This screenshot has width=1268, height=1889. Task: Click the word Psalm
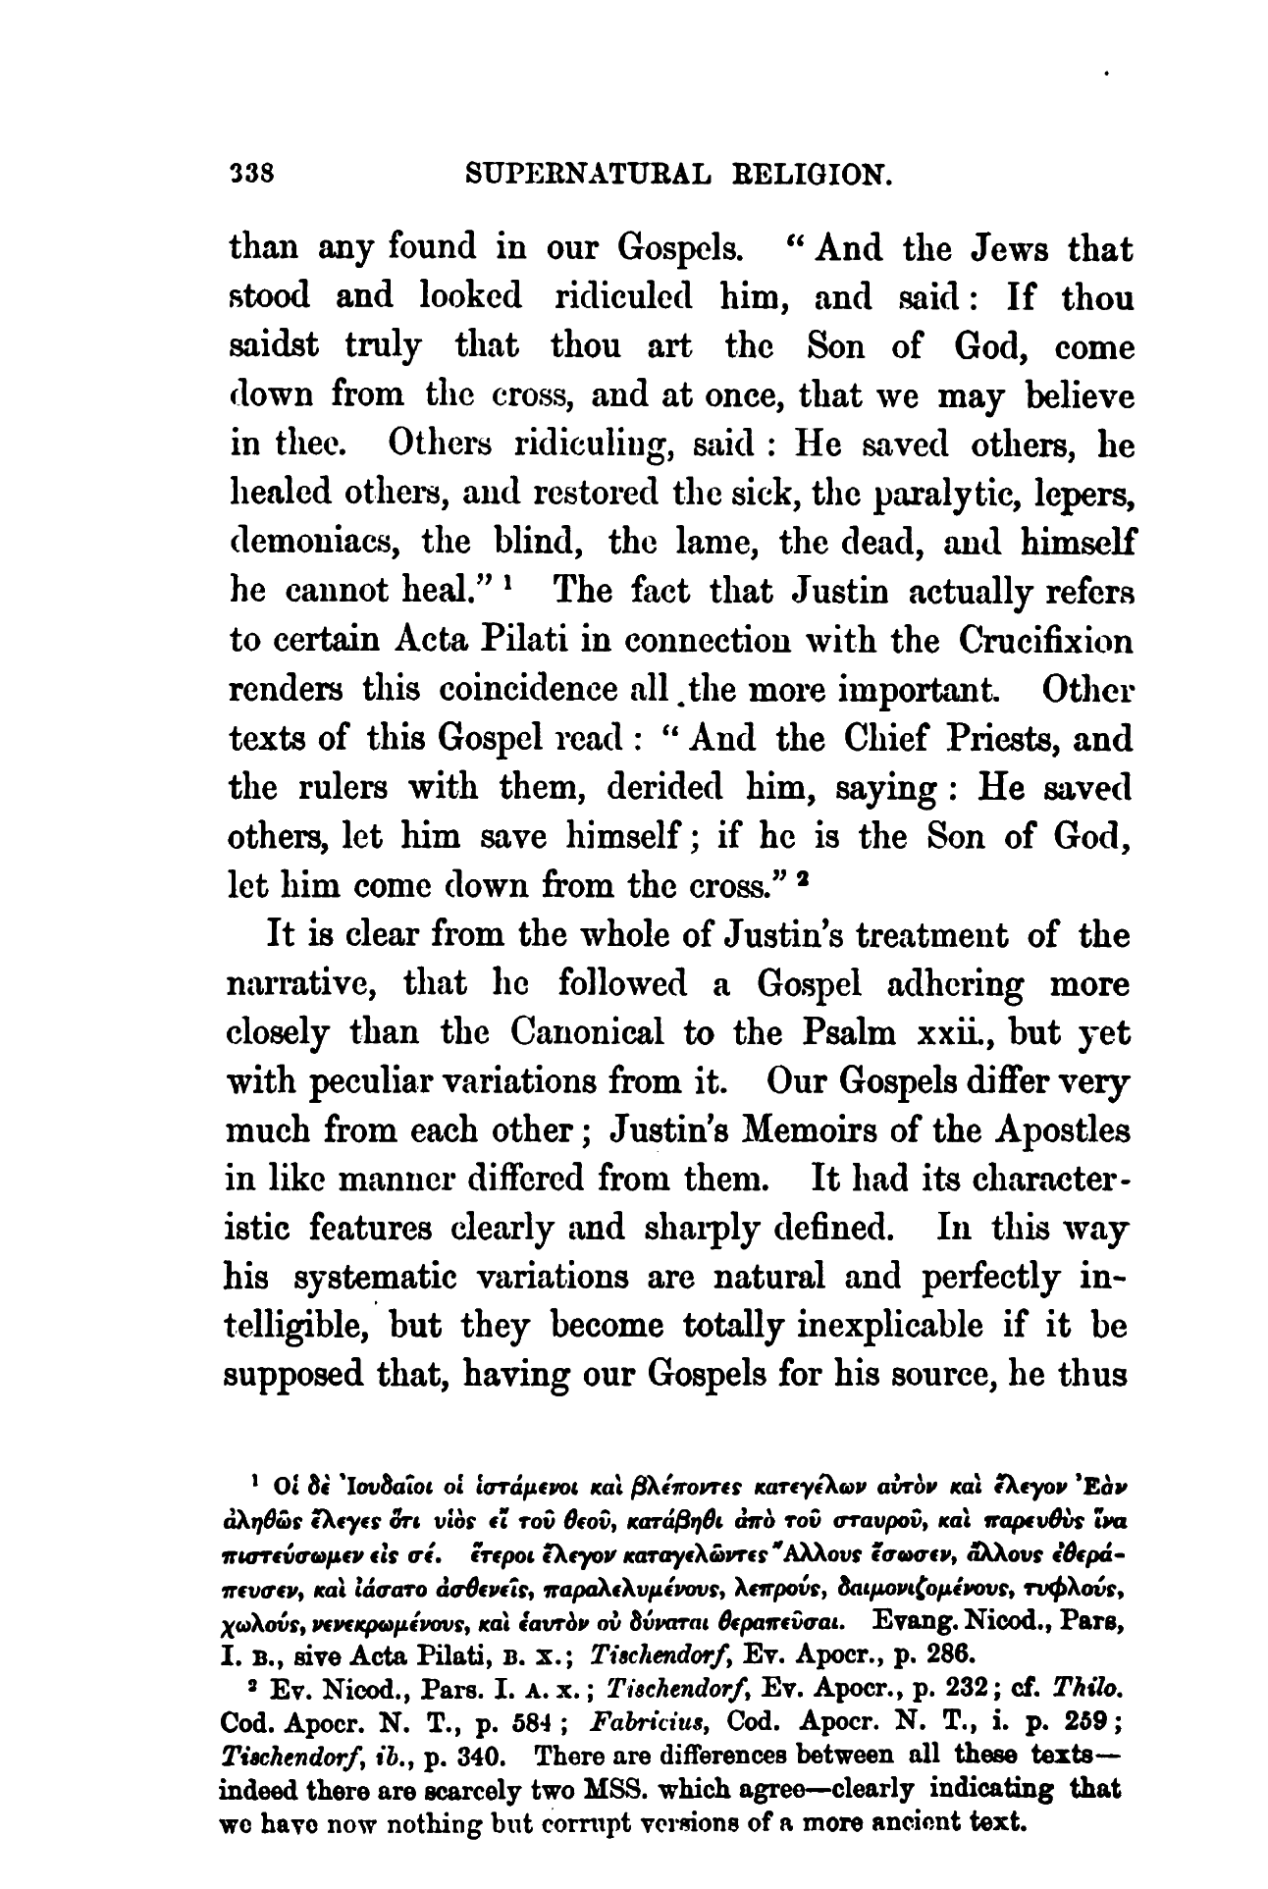(872, 1033)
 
